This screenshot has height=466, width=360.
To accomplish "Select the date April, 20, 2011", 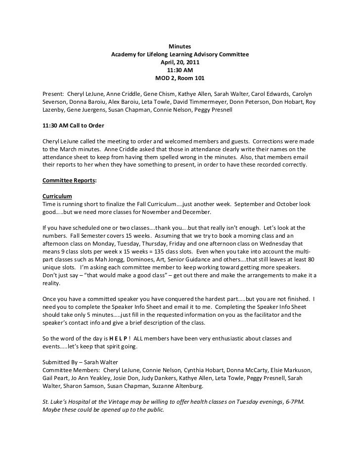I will click(180, 62).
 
